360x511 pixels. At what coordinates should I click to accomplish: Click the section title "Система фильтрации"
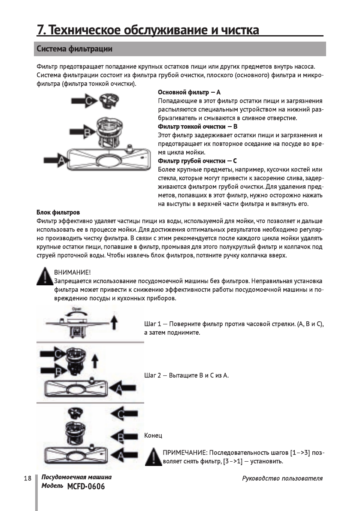74,49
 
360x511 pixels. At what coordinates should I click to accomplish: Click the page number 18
27,478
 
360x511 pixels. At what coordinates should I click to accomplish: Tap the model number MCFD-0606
86,487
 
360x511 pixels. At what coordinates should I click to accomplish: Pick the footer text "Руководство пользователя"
282,478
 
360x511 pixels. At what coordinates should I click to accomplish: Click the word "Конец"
153,436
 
